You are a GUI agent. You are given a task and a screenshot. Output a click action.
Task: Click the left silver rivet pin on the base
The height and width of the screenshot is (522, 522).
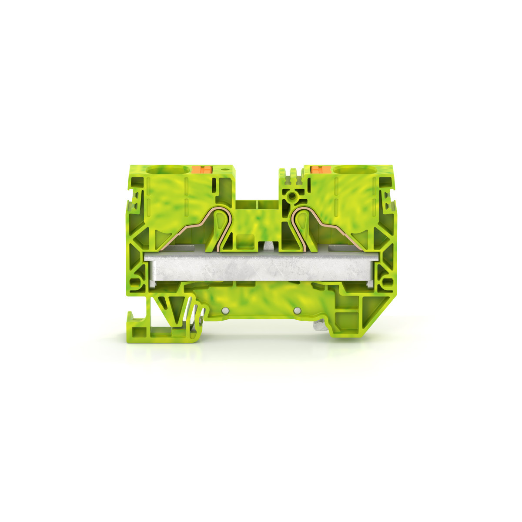[225, 310]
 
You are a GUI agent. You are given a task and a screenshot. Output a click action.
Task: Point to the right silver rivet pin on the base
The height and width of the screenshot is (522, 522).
[297, 310]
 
